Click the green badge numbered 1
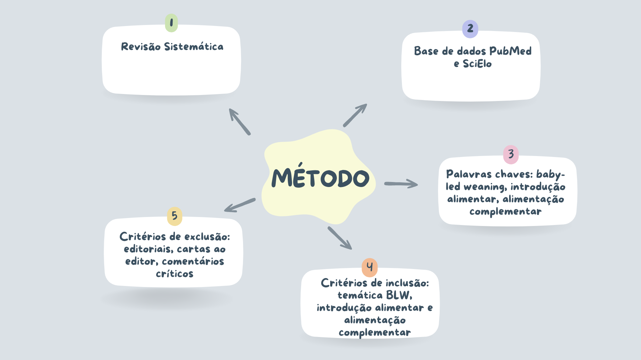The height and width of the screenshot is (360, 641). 171,23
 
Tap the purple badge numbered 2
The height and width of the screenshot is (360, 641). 470,29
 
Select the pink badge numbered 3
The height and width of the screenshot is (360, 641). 511,154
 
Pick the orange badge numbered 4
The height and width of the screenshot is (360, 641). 370,267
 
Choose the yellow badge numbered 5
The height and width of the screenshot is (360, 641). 175,216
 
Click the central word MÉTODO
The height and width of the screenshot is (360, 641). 320,178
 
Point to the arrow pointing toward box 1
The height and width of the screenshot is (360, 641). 239,121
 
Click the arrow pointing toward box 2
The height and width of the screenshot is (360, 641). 355,115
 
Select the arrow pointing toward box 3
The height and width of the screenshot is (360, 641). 401,184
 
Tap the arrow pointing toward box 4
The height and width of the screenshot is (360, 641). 340,238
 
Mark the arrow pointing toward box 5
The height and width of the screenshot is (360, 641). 240,205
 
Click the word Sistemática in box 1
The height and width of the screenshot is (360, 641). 194,47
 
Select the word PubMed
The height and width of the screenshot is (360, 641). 510,51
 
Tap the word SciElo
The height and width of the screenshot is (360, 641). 477,64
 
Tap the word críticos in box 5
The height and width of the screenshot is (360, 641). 175,274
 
